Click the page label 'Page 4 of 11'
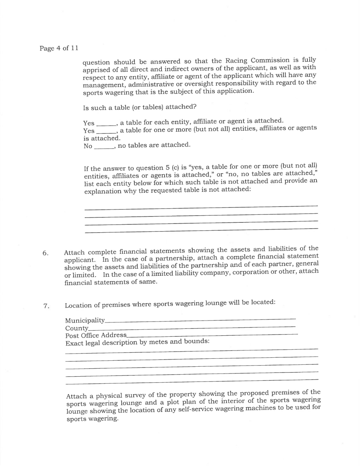coord(59,48)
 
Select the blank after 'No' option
coord(103,147)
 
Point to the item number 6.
coord(45,253)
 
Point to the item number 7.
coord(46,306)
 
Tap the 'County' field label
coord(77,328)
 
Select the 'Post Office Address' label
coord(96,336)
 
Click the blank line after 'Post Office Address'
coord(212,335)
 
